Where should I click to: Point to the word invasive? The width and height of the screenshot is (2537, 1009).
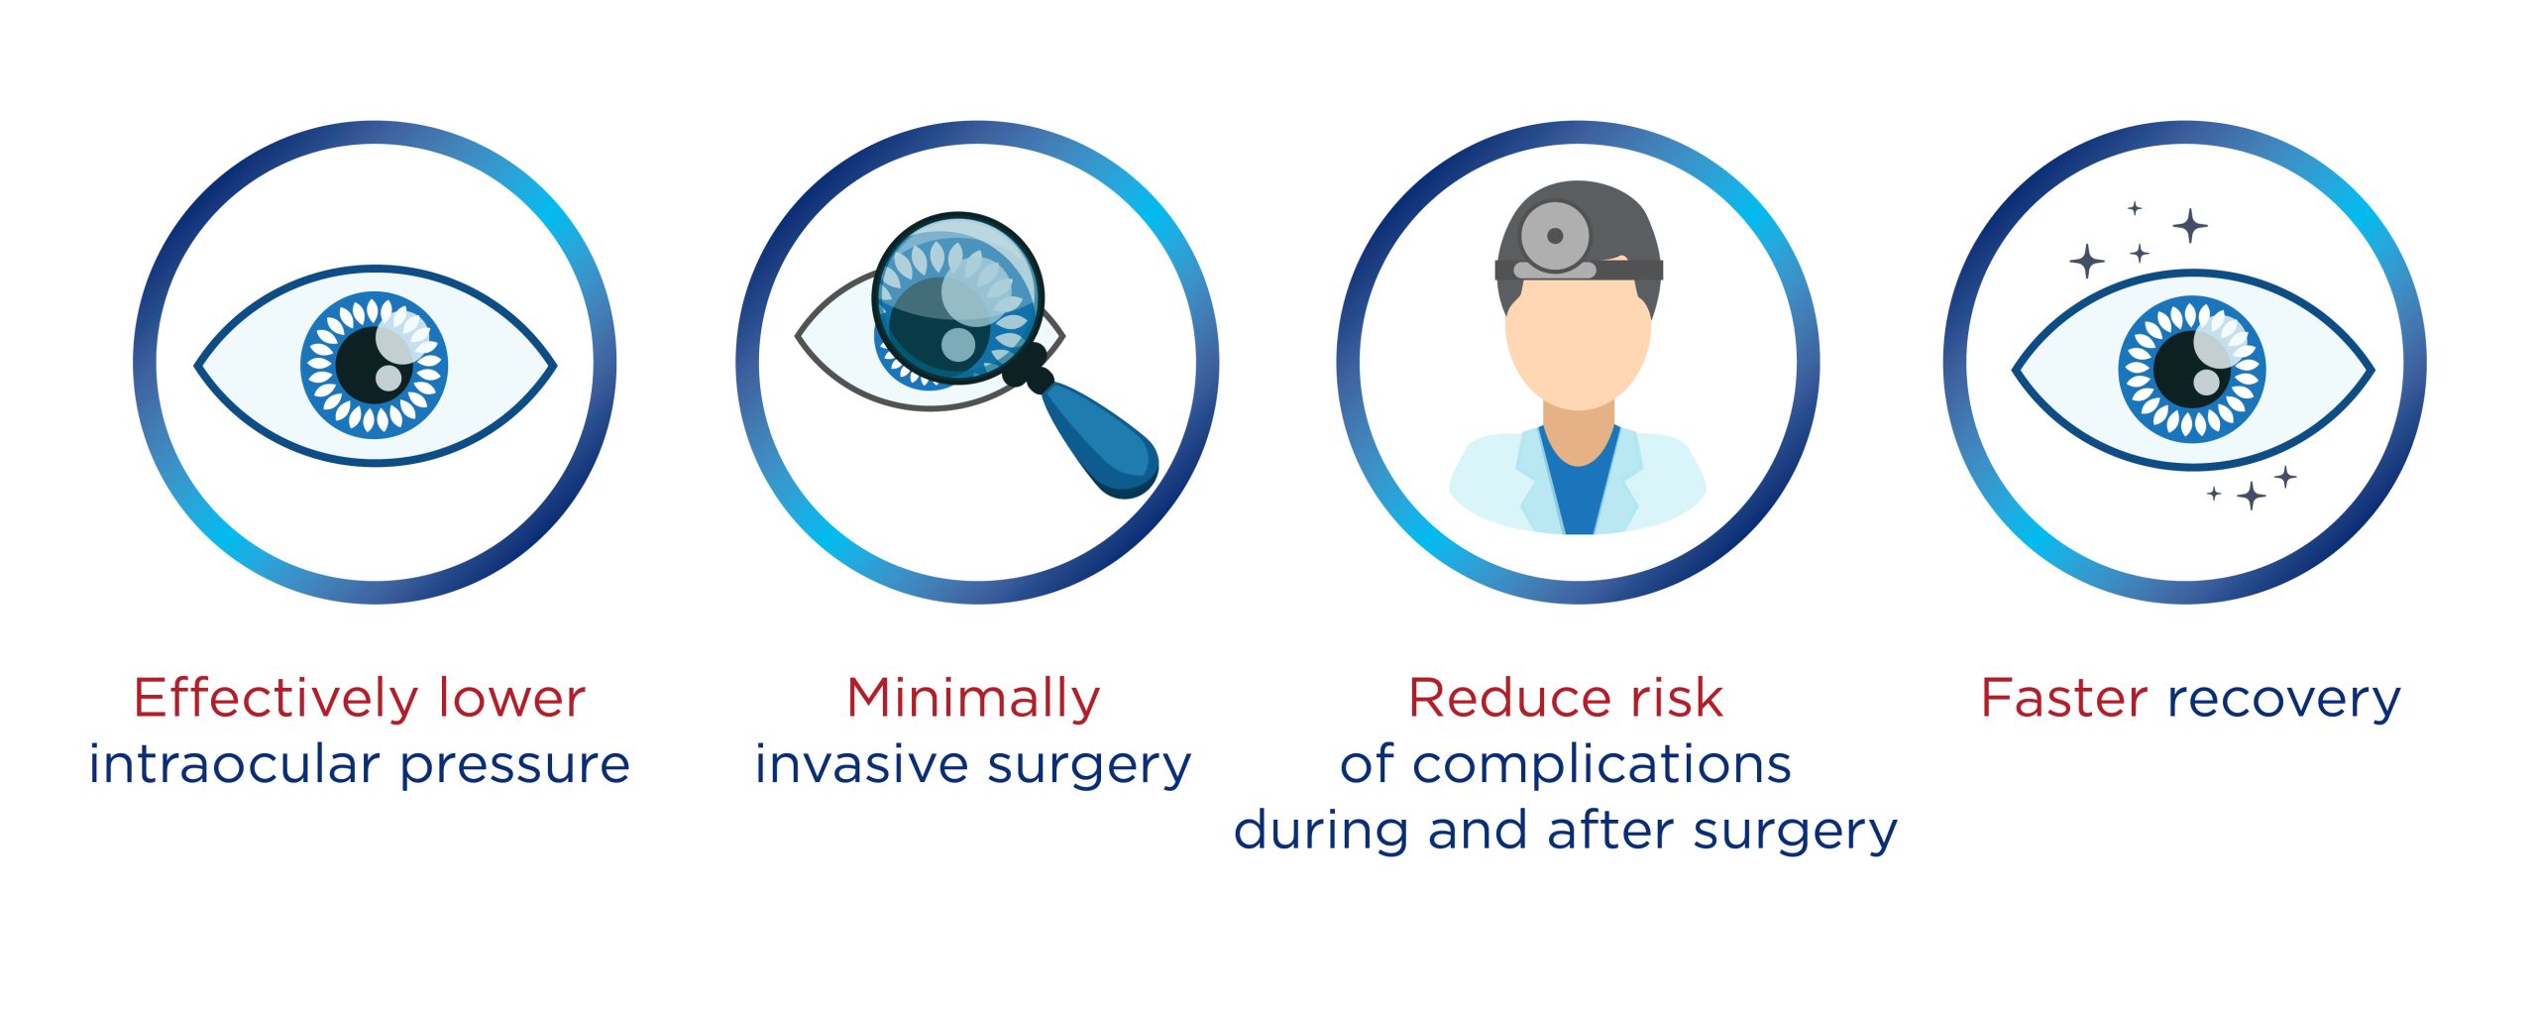(861, 764)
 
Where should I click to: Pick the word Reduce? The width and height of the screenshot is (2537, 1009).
(1512, 698)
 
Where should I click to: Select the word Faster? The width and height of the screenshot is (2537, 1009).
(2063, 698)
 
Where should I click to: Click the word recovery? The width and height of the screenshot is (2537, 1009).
(2284, 703)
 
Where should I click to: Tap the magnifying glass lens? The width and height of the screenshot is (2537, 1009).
(957, 298)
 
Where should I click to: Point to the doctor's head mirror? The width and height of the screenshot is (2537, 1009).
(1555, 236)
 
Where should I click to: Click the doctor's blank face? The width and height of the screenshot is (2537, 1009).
(1578, 343)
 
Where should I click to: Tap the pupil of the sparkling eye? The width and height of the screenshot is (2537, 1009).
(2192, 369)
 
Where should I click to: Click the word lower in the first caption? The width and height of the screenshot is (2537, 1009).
(511, 698)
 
